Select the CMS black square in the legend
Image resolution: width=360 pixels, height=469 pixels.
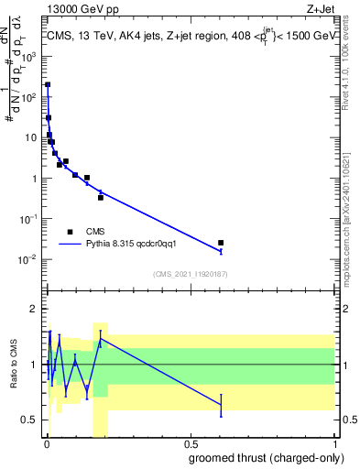(70, 232)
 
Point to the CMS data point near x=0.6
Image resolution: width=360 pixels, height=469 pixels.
(221, 243)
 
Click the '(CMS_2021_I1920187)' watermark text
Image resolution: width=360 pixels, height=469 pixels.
(190, 274)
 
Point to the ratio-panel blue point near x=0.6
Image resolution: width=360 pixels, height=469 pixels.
(221, 404)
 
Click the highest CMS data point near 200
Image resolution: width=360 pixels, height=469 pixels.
(48, 84)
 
